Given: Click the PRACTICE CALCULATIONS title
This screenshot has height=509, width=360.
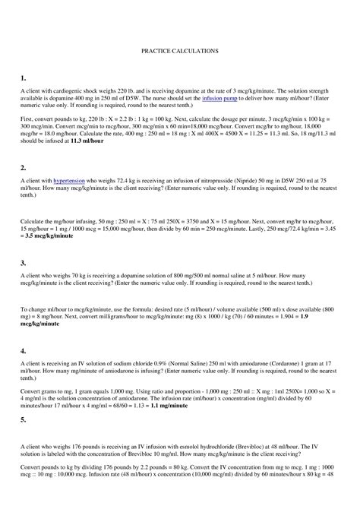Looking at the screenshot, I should click(x=180, y=51).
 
